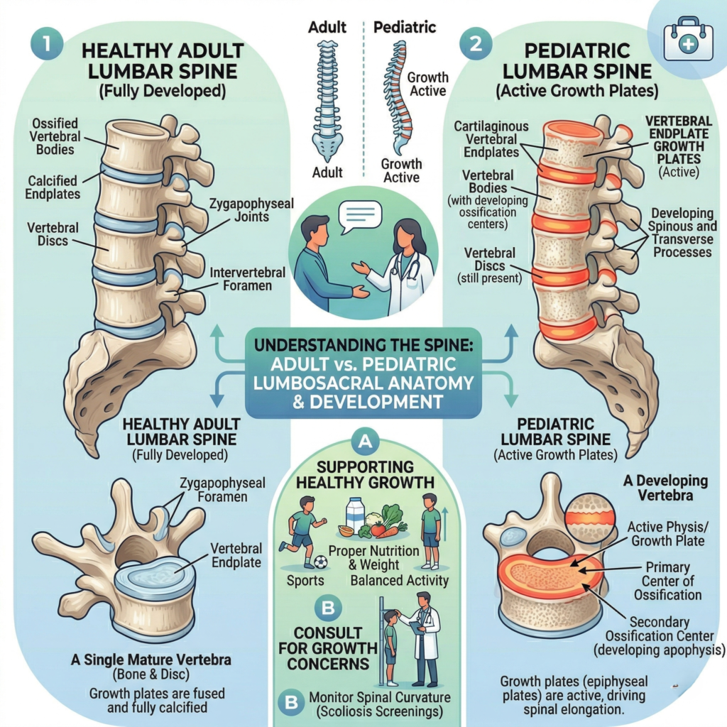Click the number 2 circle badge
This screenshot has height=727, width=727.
point(473,43)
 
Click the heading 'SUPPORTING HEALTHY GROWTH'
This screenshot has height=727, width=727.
point(366,475)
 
